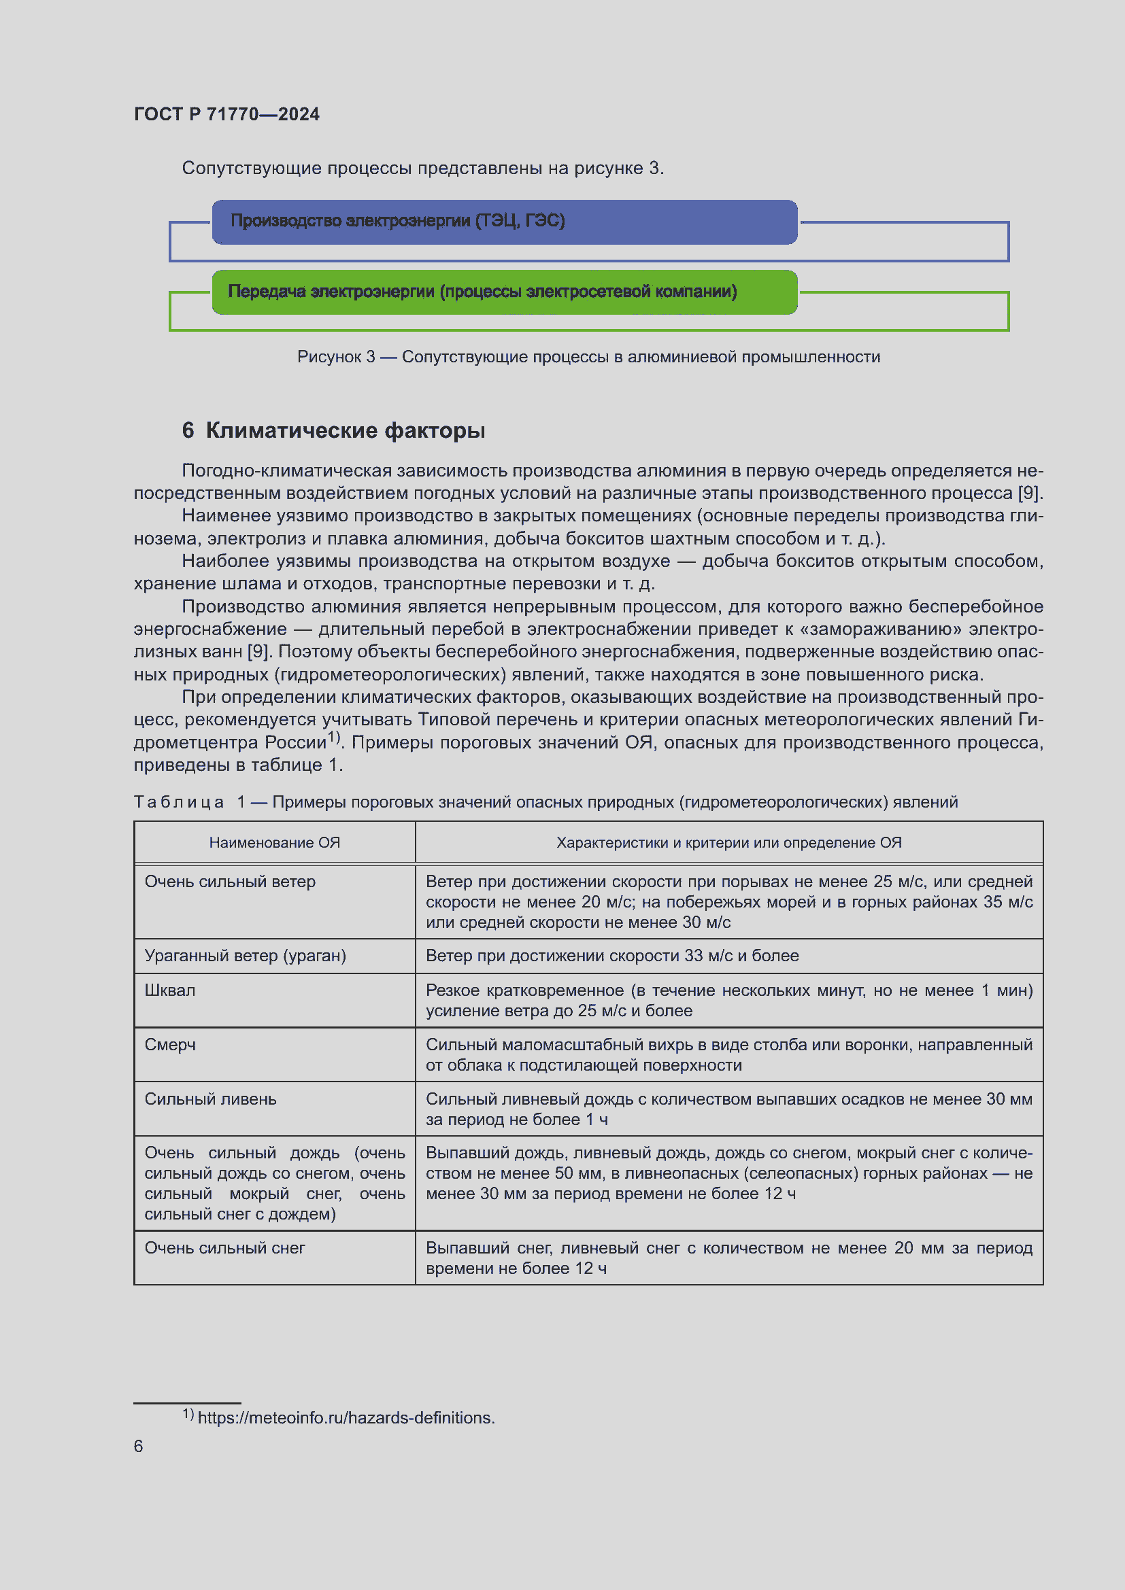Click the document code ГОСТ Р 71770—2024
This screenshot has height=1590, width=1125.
226,114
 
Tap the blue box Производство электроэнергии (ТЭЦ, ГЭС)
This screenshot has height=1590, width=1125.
503,222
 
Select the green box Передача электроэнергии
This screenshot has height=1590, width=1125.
503,292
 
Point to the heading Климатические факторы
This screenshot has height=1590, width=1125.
345,430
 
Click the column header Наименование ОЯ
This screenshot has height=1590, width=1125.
274,842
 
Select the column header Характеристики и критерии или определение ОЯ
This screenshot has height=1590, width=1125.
728,842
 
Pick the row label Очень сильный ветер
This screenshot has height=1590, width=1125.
230,882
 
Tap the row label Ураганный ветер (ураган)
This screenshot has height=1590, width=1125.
246,956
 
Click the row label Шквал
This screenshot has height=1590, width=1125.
170,990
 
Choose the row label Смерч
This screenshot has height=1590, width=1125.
170,1044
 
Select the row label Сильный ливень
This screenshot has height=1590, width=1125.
210,1099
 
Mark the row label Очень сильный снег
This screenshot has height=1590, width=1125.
224,1248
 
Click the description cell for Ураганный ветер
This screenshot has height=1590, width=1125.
611,956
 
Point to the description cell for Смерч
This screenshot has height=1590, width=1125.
728,1055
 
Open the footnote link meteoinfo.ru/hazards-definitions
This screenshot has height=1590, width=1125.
346,1417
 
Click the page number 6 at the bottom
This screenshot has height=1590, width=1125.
139,1446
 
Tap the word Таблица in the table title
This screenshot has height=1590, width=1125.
179,802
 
